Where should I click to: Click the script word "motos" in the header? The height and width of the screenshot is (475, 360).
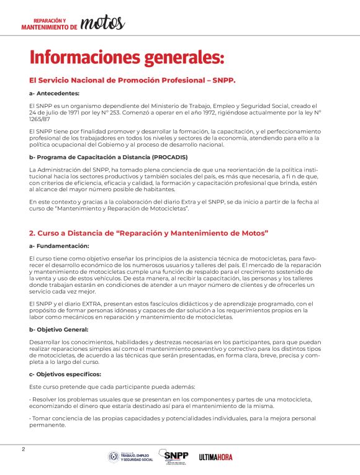[x=102, y=23]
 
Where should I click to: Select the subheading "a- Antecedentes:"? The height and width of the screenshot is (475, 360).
[x=54, y=93]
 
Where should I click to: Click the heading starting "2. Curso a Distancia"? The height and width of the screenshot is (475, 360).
[x=148, y=233]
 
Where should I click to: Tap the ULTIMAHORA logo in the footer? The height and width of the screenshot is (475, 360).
[x=216, y=457]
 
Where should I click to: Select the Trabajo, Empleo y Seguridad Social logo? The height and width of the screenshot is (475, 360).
[x=131, y=457]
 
